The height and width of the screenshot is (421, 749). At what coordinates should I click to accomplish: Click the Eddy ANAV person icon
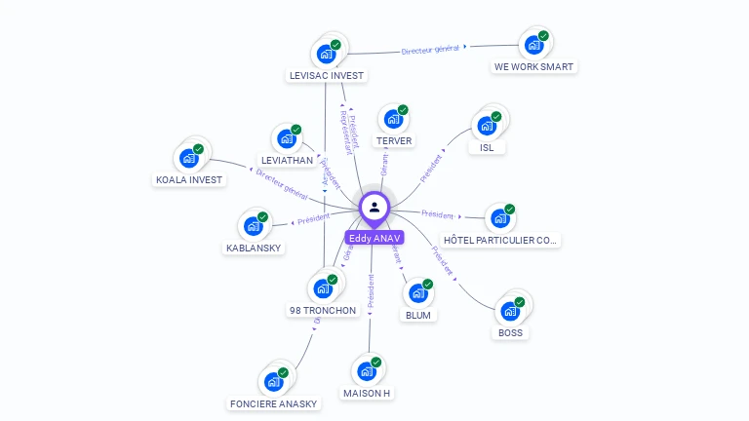374,207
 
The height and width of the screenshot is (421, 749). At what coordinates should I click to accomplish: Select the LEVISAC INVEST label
327,75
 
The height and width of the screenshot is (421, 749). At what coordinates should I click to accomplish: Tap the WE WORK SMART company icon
532,45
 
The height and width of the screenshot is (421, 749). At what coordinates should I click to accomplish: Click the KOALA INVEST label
189,179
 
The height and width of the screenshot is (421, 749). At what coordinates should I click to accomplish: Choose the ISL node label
487,148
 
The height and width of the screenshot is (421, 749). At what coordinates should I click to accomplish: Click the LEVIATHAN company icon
286,138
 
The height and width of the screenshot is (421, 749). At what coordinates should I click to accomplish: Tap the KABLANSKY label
254,248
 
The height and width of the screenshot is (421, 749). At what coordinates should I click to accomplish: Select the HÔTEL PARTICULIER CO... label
501,240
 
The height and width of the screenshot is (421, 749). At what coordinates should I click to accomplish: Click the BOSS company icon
509,312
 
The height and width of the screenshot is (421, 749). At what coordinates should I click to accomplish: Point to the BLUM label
417,315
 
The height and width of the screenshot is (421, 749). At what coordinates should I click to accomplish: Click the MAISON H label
367,393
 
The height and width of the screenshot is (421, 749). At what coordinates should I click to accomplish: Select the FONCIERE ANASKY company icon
273,382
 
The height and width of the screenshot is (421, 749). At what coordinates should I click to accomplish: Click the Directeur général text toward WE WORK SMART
431,48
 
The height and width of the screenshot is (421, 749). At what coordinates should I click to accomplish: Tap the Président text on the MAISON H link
371,292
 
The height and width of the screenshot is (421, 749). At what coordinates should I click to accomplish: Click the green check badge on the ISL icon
496,117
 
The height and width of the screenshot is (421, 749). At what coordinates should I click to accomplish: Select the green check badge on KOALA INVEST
198,149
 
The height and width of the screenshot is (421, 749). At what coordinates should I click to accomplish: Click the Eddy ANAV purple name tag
374,238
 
